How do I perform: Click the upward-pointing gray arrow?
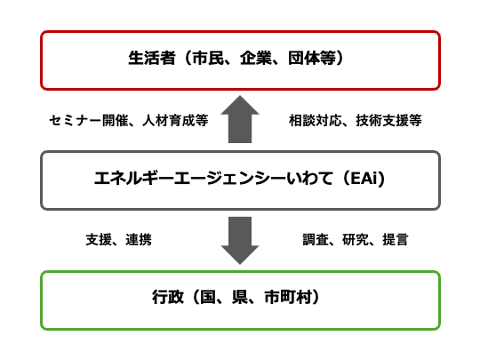coord(240,119)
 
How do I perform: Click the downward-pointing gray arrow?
coord(240,241)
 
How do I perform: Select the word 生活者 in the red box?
coord(152,58)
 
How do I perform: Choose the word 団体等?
coord(312,58)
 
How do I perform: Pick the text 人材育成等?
coord(175,120)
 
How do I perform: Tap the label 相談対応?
coord(316,120)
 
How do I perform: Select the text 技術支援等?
coord(388,120)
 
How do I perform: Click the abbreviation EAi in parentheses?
coord(364,178)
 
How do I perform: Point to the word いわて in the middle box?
coord(310,178)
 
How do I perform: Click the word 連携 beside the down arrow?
coord(139,239)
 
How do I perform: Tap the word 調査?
coord(316,239)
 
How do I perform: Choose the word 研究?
coord(356,239)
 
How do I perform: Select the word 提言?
coord(396,239)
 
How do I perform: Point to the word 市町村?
coord(288,297)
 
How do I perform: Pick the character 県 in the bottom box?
coord(240,297)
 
